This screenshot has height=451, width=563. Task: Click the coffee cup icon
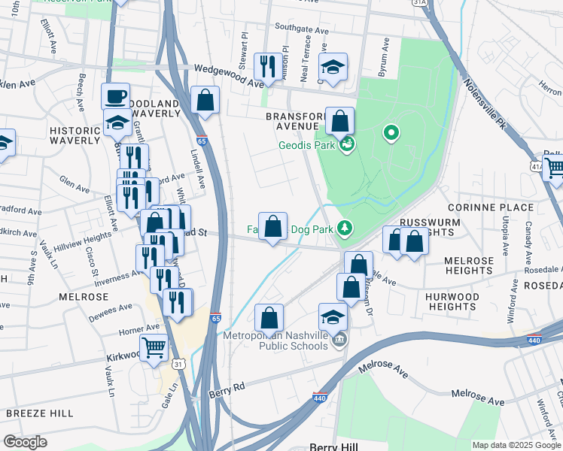tap(116, 97)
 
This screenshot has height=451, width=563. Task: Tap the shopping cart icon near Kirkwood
tap(154, 348)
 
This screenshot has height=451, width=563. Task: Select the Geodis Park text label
tap(306, 146)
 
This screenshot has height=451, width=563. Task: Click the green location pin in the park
tap(390, 134)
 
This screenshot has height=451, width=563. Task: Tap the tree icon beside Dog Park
tap(345, 227)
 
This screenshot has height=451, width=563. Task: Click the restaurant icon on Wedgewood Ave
tap(267, 67)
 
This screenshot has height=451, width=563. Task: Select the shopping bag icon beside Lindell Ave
tap(205, 101)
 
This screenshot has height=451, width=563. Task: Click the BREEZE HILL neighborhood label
tap(39, 413)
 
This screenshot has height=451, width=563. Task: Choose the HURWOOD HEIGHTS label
tap(452, 301)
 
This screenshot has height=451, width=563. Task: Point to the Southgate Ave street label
tap(301, 31)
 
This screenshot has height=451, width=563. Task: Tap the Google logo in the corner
tap(26, 442)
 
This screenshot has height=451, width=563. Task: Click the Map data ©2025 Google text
tap(516, 445)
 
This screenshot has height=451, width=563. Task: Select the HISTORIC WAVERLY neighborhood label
tap(75, 135)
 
